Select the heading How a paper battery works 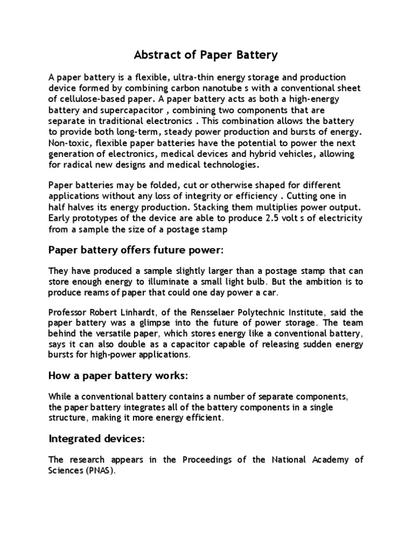[x=118, y=376]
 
